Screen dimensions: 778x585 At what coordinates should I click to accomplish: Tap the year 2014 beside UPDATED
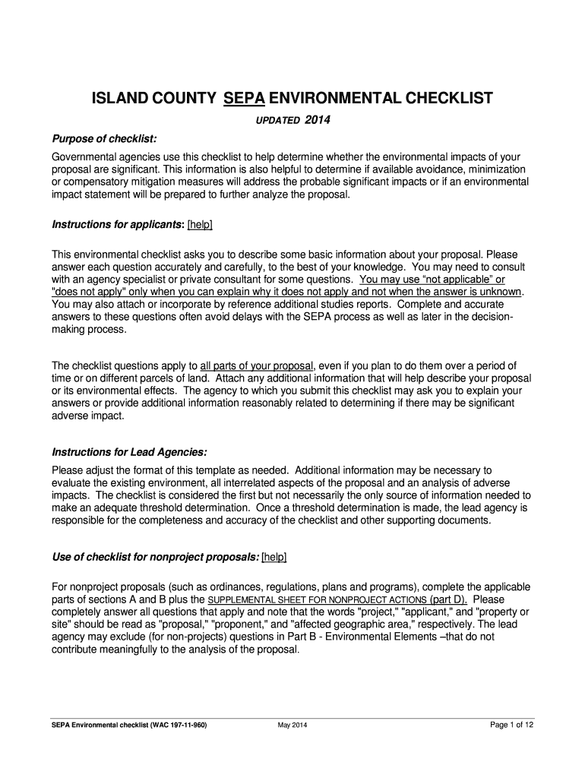click(x=318, y=121)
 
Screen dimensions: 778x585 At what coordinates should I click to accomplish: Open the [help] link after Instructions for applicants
click(x=200, y=224)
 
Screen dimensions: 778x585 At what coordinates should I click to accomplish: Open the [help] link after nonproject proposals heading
click(x=274, y=557)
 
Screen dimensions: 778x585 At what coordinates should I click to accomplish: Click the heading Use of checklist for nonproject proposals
click(x=154, y=557)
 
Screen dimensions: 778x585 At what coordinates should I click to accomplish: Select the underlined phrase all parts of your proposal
click(x=257, y=365)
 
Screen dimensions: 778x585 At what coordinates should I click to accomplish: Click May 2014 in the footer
click(x=292, y=725)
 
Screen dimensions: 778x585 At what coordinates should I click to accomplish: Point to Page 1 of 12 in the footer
click(x=512, y=725)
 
